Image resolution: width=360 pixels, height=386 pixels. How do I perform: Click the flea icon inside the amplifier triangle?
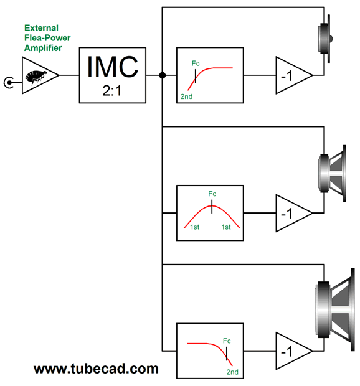(x=36, y=77)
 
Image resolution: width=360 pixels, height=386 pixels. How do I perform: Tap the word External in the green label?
(x=41, y=28)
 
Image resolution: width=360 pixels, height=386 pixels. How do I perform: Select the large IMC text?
(x=113, y=67)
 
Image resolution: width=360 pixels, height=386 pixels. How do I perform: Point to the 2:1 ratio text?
(x=112, y=91)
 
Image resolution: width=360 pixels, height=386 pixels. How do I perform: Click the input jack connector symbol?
(x=9, y=83)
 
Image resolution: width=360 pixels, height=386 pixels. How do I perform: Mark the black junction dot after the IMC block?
(x=163, y=75)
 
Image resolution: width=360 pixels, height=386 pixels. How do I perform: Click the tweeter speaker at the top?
(x=326, y=39)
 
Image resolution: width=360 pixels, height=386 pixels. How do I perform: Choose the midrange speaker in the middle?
(x=333, y=173)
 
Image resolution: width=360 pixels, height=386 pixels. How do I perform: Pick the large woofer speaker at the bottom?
(x=335, y=309)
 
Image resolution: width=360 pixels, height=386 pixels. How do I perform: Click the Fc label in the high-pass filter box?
(x=196, y=64)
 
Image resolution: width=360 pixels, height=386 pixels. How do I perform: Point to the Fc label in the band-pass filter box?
(x=212, y=194)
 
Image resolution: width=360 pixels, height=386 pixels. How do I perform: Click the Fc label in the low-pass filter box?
(x=227, y=341)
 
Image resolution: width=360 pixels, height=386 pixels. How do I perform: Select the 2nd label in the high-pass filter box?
(x=186, y=96)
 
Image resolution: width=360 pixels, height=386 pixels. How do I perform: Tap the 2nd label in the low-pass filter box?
(x=232, y=372)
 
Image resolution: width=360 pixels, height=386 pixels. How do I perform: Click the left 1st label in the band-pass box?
(x=194, y=227)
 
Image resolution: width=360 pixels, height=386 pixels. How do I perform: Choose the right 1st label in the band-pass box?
(x=226, y=227)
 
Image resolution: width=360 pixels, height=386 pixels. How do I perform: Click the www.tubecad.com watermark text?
(x=96, y=369)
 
